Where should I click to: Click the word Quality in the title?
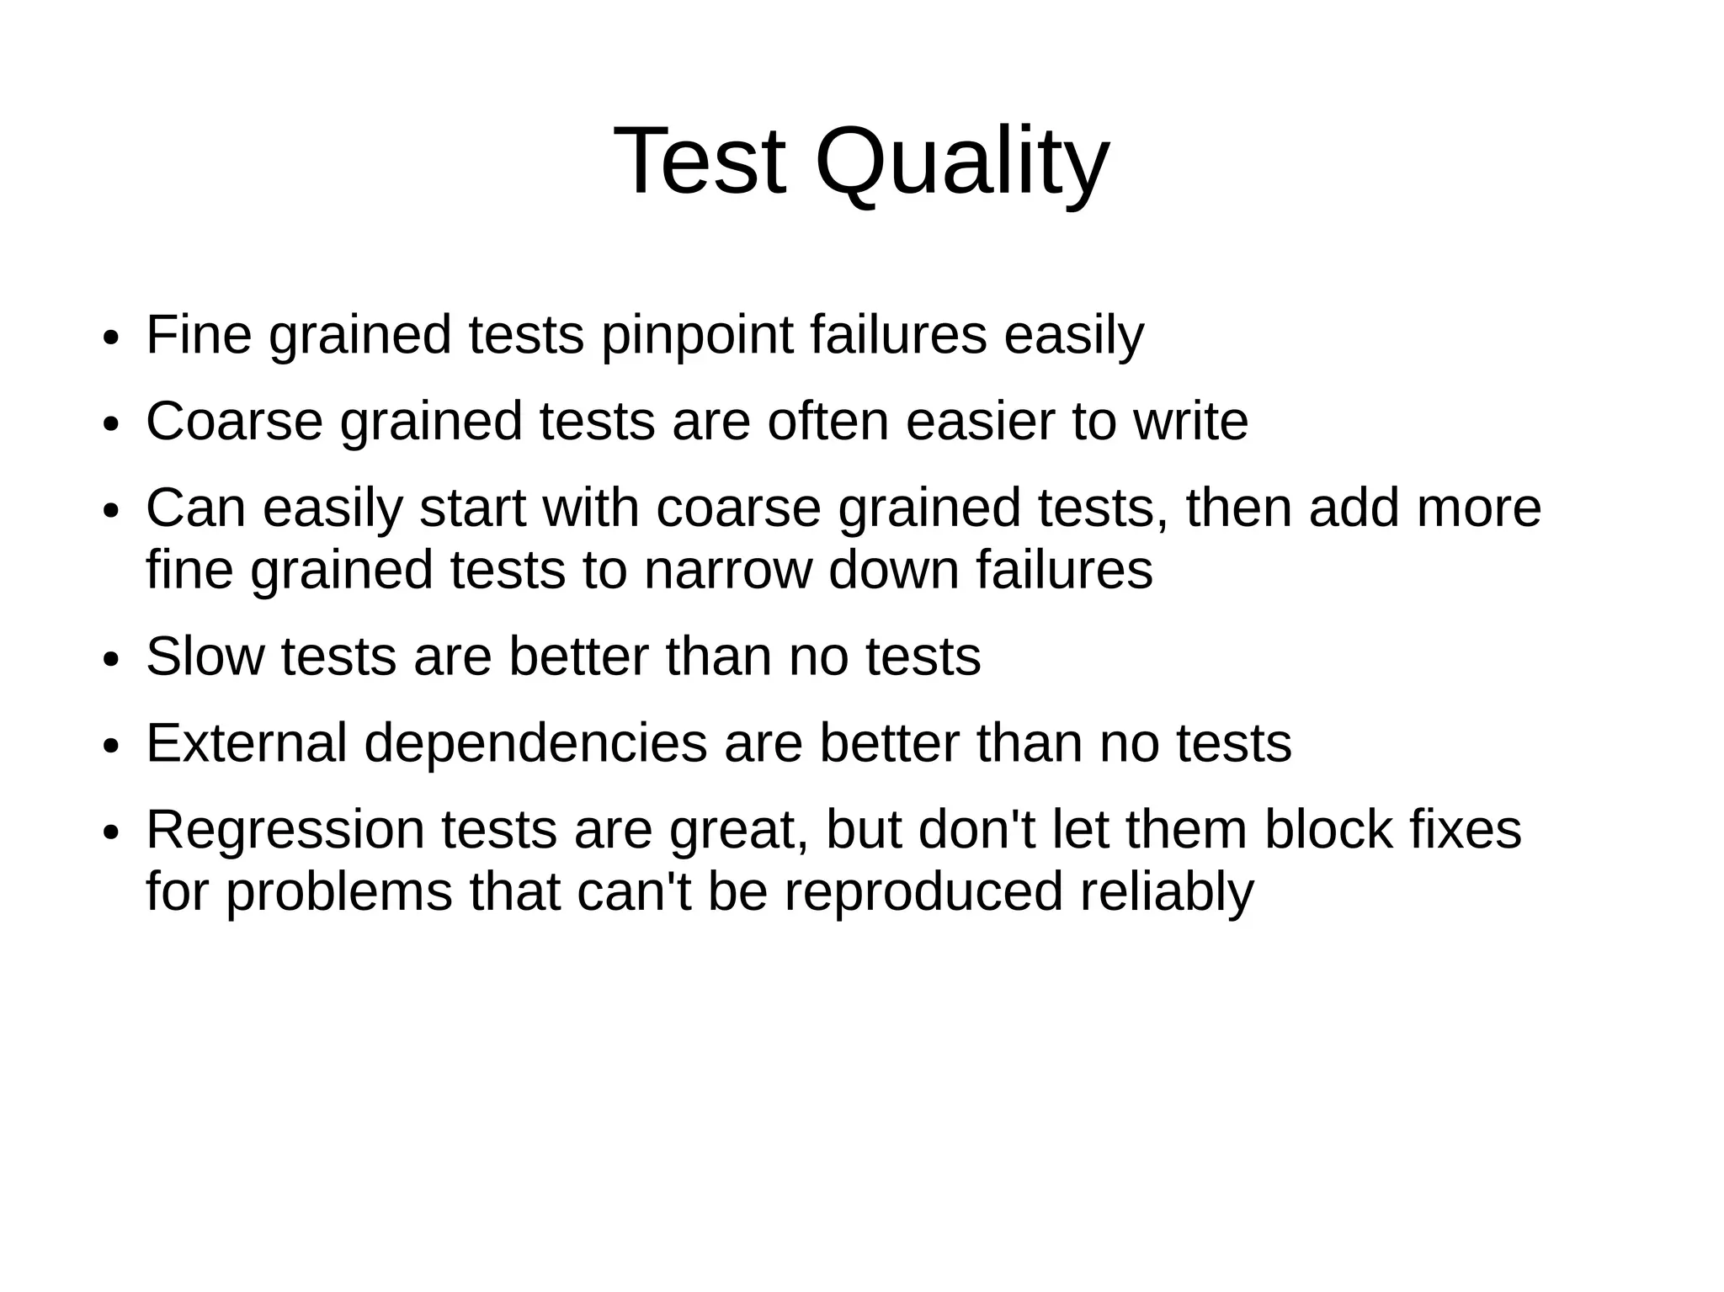coord(961,162)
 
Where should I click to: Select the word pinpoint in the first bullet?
coord(696,335)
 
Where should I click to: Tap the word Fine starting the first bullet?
coord(199,335)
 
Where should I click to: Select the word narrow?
coord(727,570)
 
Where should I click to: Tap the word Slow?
coord(205,657)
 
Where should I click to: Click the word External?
coord(246,743)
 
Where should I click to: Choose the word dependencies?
coord(535,744)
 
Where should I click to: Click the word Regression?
coord(285,830)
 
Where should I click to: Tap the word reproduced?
coord(923,892)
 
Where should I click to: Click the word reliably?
coord(1167,892)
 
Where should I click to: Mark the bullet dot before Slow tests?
coord(110,660)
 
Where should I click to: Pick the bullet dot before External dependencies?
coord(110,747)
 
